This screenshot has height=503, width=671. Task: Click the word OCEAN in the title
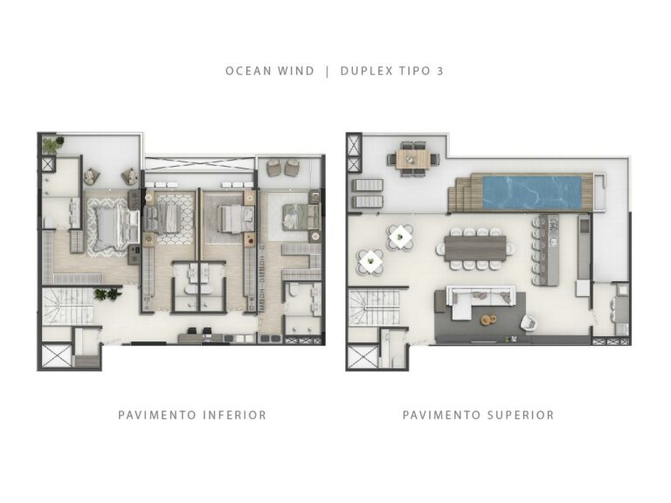(x=246, y=71)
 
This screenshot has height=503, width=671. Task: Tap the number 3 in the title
(x=439, y=71)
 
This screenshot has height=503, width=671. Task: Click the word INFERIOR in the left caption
(x=234, y=415)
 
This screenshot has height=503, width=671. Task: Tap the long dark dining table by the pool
(x=476, y=246)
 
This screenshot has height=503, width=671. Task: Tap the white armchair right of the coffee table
(x=528, y=323)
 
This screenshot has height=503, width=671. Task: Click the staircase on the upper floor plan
(x=373, y=307)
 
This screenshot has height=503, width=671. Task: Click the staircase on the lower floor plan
(x=66, y=307)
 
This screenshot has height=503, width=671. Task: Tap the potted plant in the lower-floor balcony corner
(x=52, y=144)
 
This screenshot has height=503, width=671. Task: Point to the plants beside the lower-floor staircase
(x=106, y=295)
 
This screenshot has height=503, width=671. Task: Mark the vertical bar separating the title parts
(x=327, y=71)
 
